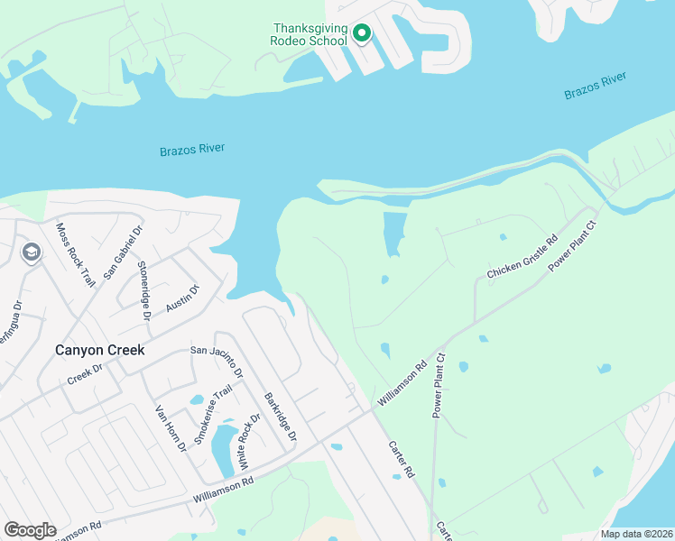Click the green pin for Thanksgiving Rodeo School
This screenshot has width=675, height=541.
pyautogui.click(x=362, y=34)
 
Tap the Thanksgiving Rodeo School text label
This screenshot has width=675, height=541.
pyautogui.click(x=310, y=34)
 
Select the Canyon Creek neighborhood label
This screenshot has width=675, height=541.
pyautogui.click(x=99, y=350)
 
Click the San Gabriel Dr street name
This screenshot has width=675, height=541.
pyautogui.click(x=123, y=252)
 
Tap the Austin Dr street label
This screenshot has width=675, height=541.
pyautogui.click(x=181, y=298)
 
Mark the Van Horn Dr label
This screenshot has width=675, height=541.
pyautogui.click(x=170, y=428)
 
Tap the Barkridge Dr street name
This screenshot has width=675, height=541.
pyautogui.click(x=280, y=416)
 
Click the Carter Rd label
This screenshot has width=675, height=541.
pyautogui.click(x=401, y=459)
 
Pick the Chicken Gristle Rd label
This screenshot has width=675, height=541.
pyautogui.click(x=522, y=261)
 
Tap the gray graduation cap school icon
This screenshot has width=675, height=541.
pyautogui.click(x=30, y=252)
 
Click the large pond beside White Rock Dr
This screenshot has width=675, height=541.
pyautogui.click(x=222, y=451)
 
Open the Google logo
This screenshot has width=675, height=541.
pyautogui.click(x=30, y=530)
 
